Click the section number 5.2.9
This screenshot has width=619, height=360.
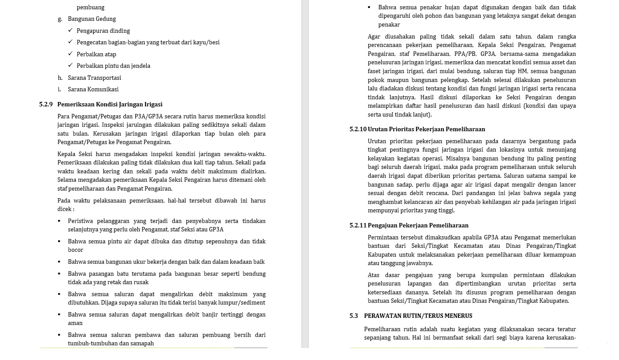coord(46,105)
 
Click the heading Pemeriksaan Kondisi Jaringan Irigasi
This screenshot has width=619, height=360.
coord(110,105)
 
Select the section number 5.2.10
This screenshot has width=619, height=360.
coord(358,129)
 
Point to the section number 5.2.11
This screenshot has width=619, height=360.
coord(358,226)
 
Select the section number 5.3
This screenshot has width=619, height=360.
coord(353,316)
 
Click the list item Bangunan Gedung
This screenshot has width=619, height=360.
coord(92,19)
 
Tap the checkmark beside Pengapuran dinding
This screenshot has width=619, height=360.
coord(71,31)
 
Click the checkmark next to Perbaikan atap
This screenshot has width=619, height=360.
coord(71,54)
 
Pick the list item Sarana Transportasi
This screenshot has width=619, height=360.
coord(94,78)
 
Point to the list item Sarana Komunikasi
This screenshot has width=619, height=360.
coord(93,90)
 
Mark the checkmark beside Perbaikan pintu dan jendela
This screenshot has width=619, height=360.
coord(71,66)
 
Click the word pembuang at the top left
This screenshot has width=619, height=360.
coord(90,8)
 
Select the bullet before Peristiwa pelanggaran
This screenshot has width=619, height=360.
coord(59,221)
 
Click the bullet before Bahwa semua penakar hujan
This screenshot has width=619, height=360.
coord(369,8)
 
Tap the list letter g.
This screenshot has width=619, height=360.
coord(60,19)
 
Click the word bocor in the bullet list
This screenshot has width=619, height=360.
coord(75,250)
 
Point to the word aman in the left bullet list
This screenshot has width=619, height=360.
coord(75,323)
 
